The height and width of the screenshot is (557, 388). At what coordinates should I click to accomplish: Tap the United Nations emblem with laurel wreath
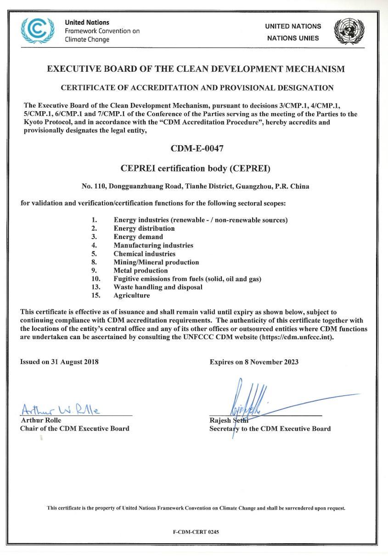[x=349, y=31]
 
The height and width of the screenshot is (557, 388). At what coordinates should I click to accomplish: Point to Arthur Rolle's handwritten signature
[x=61, y=408]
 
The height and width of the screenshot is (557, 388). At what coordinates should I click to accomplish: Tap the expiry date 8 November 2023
[x=271, y=362]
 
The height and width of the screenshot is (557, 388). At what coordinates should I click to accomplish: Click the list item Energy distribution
[x=144, y=228]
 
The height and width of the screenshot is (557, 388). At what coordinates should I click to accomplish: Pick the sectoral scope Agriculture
[x=132, y=296]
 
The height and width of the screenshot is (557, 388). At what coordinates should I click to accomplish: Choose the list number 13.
[x=96, y=287]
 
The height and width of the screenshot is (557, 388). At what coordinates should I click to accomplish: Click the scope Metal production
[x=141, y=271]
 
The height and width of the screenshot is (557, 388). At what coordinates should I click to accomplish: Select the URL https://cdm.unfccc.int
[x=297, y=337]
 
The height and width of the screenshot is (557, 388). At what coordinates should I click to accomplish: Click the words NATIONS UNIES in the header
[x=293, y=38]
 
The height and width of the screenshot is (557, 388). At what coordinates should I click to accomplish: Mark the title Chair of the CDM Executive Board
[x=75, y=428]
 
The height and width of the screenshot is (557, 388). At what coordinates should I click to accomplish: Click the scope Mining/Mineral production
[x=156, y=262]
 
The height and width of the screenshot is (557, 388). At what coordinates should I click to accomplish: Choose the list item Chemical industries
[x=145, y=254]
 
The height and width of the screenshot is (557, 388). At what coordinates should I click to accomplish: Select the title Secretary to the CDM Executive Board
[x=270, y=429]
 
